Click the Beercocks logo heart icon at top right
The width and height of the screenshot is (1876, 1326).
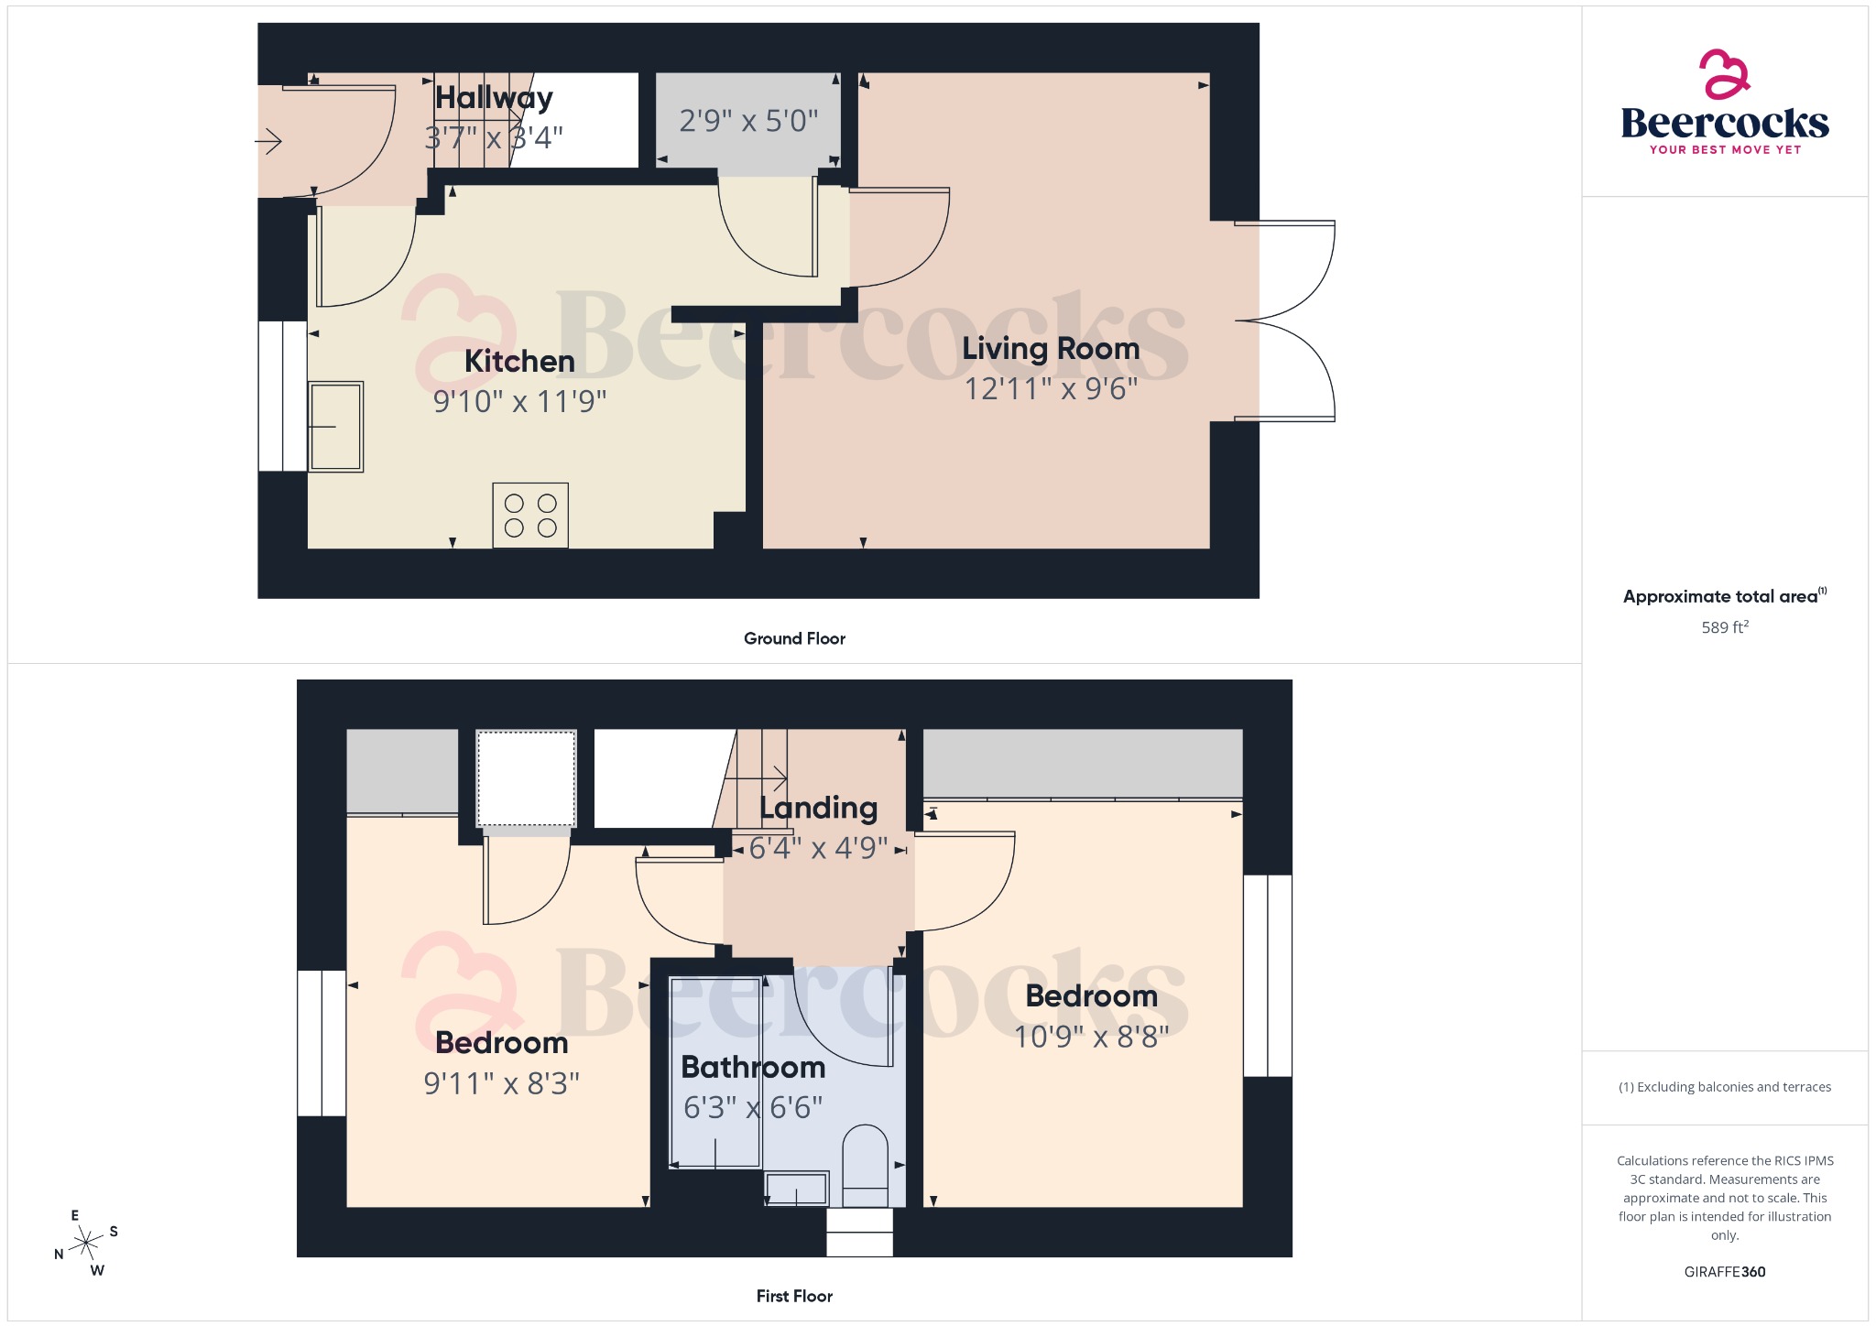(1724, 74)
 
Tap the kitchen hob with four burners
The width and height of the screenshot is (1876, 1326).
(530, 516)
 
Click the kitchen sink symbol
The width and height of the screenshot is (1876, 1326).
(336, 427)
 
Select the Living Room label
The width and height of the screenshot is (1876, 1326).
(1051, 349)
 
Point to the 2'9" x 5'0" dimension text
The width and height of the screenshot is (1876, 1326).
(748, 121)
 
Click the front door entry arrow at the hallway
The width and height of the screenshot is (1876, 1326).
(268, 142)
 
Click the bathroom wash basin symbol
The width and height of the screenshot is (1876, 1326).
(797, 1189)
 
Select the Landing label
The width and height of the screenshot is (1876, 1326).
(818, 808)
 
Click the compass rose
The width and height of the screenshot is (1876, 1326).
(86, 1243)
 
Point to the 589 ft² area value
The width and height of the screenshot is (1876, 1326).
(1725, 627)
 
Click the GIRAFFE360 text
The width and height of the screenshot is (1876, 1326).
(1724, 1272)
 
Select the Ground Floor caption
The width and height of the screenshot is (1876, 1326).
(794, 639)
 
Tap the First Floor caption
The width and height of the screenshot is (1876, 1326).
(794, 1297)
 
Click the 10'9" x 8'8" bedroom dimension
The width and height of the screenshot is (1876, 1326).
(1091, 1037)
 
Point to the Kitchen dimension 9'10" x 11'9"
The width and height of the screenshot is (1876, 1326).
(519, 401)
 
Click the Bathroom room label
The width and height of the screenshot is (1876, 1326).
(753, 1068)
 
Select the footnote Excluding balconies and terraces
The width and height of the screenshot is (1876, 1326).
(1724, 1087)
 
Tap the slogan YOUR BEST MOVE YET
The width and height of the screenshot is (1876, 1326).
(1725, 149)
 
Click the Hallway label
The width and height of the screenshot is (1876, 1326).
(494, 97)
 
